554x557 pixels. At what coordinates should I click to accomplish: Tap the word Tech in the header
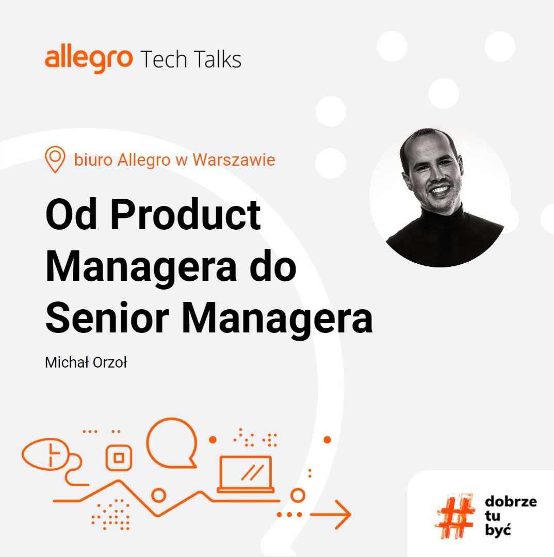[x=163, y=59]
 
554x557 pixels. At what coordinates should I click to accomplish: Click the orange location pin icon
[x=55, y=159]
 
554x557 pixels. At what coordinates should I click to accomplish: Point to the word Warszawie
[x=234, y=160]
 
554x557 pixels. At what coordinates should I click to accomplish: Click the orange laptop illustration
[x=246, y=474]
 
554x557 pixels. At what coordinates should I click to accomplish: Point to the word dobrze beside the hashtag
[x=511, y=502]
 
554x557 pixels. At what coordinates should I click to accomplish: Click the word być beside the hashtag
[x=498, y=530]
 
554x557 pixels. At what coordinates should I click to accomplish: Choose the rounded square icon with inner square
[x=119, y=457]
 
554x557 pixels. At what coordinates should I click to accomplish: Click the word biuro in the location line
[x=94, y=160]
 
